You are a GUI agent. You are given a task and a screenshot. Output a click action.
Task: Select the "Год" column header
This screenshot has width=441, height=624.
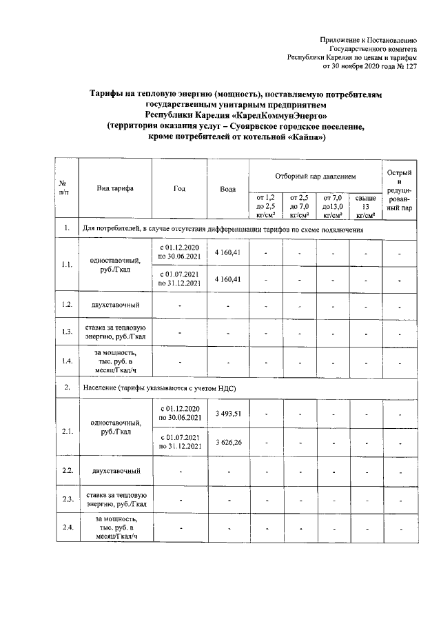pos(180,188)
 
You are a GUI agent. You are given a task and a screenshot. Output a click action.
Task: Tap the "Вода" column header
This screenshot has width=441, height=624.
pos(227,188)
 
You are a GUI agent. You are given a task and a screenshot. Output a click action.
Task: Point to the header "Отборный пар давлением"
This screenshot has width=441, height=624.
pos(315,177)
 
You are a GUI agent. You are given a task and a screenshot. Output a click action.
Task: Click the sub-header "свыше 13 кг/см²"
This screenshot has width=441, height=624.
pos(366,205)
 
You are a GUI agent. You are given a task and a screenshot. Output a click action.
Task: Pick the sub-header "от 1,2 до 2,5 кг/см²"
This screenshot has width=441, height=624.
pos(265,205)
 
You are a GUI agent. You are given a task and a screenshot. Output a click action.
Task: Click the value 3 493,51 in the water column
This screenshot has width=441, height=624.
pos(227,413)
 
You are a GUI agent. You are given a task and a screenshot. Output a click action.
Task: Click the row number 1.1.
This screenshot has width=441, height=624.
pos(67,265)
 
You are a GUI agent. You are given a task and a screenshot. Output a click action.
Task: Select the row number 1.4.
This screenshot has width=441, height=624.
pos(67,360)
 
